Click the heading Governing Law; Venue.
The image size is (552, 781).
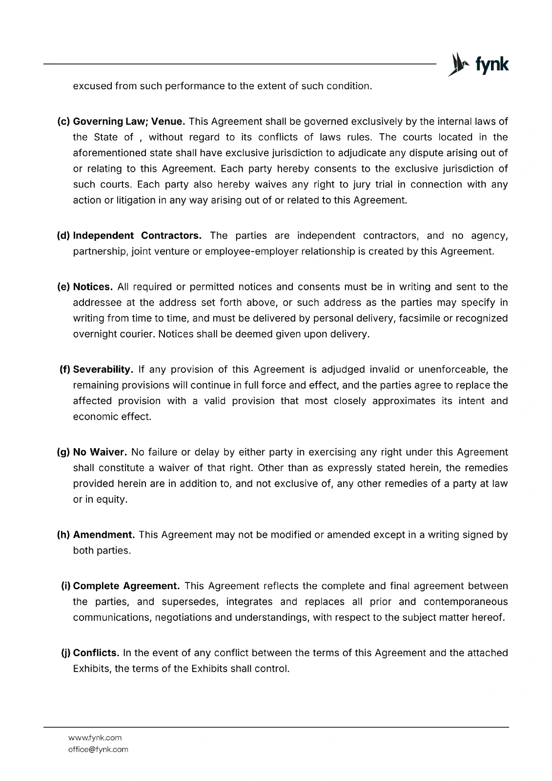(x=129, y=121)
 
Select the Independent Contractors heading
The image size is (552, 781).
(x=137, y=236)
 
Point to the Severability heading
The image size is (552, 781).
(x=103, y=369)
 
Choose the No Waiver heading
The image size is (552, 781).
(x=100, y=452)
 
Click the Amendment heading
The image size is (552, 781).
(x=104, y=534)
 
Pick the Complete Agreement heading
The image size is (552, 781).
(x=126, y=586)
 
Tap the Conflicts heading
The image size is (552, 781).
(x=96, y=653)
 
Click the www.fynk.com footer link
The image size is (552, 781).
(x=95, y=738)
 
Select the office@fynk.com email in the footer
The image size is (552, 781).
(x=98, y=749)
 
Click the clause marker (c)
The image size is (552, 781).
(x=64, y=121)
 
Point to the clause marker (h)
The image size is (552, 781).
(x=64, y=534)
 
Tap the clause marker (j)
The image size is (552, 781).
(x=65, y=653)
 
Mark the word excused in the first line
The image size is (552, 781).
(x=92, y=86)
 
